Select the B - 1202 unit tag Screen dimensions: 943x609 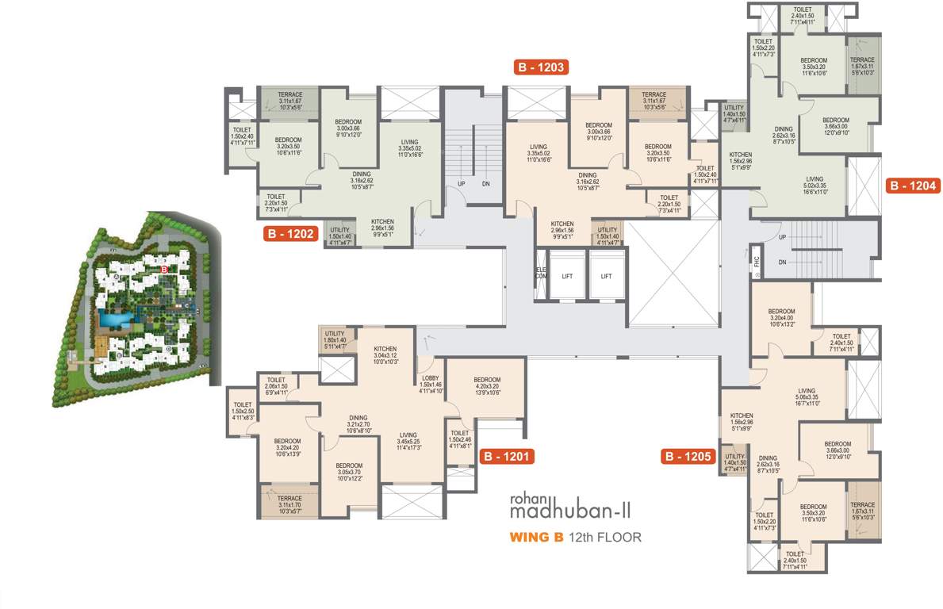(x=292, y=234)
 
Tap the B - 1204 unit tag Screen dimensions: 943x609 (x=912, y=186)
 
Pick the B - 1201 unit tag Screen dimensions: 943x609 (x=505, y=457)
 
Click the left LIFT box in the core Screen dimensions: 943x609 (x=567, y=276)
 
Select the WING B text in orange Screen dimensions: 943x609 (x=536, y=537)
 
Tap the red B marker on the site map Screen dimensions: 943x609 (x=163, y=270)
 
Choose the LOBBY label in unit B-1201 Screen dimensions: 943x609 (x=430, y=377)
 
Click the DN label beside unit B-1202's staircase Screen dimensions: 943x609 (x=485, y=184)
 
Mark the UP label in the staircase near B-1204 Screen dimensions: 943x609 (x=782, y=237)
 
